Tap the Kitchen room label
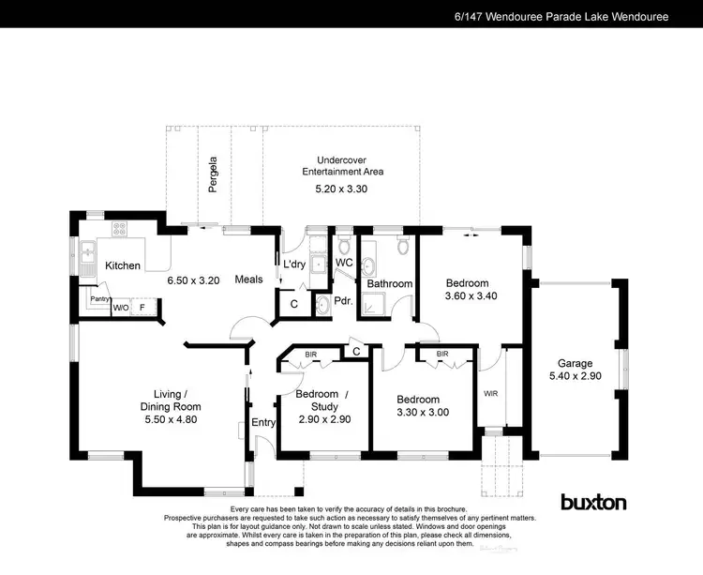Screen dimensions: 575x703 122,265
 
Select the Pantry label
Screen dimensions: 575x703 99,298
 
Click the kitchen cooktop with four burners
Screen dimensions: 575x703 120,228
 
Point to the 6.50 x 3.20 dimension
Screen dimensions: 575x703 193,280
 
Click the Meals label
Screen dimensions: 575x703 248,279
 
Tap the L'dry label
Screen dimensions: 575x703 295,265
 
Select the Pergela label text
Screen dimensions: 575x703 213,174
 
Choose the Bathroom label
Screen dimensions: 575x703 389,283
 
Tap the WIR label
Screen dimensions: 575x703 491,394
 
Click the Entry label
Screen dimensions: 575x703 263,423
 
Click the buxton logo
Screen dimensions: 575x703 592,502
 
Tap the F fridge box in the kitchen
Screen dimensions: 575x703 142,306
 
